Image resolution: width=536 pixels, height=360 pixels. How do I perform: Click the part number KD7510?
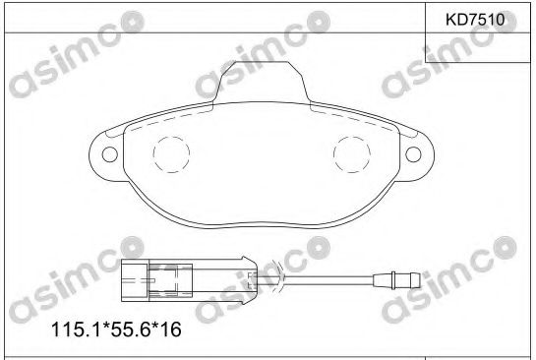click(x=476, y=18)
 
